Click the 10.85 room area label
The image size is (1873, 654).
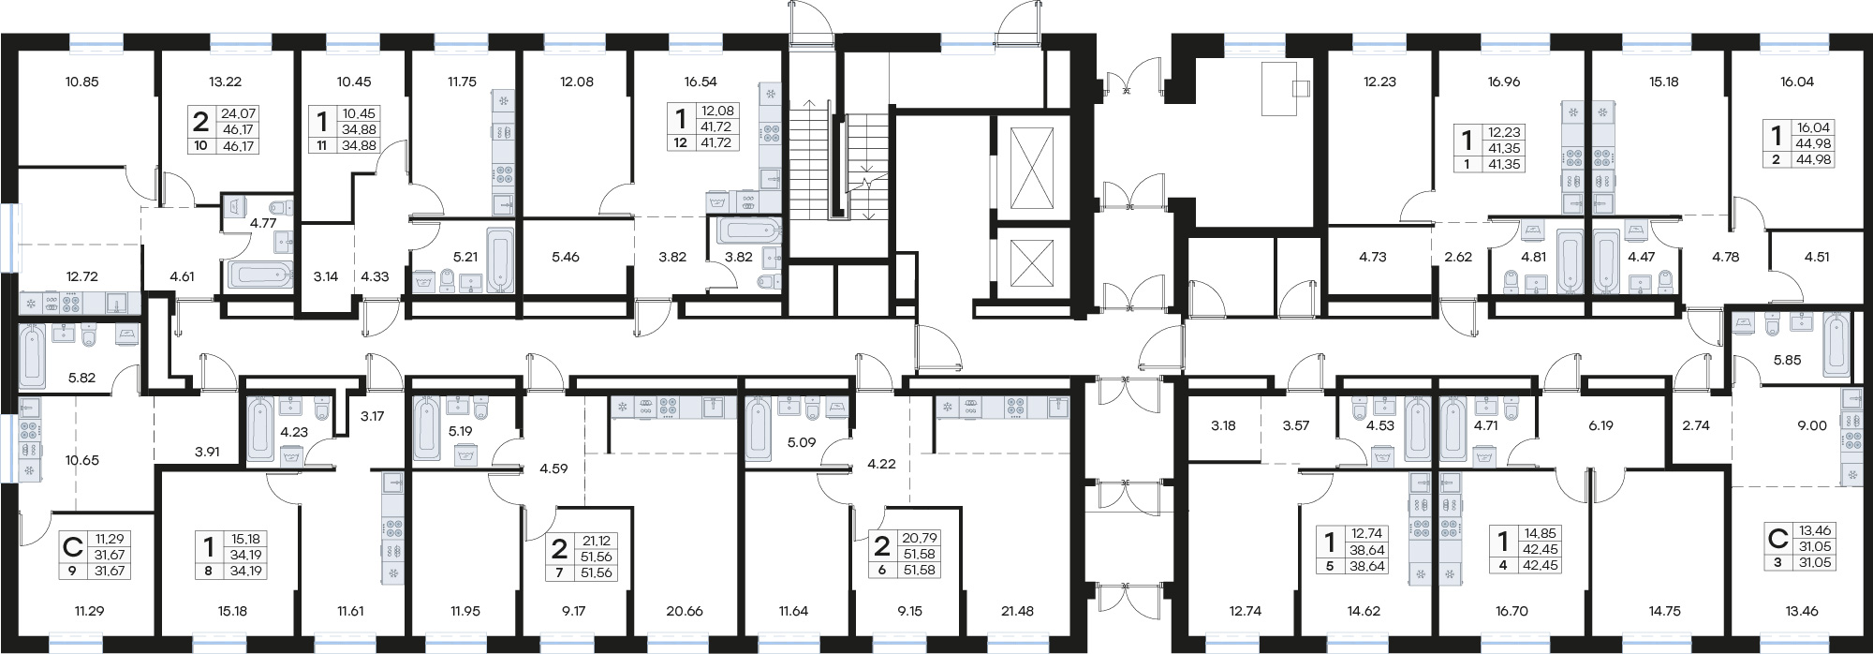(x=81, y=82)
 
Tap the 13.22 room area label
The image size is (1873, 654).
(x=226, y=82)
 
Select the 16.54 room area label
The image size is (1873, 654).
(x=701, y=82)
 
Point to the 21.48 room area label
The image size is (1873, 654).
(x=1017, y=611)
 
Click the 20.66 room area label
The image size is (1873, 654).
(x=684, y=611)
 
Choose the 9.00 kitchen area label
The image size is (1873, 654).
(x=1812, y=424)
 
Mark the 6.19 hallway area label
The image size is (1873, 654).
(x=1600, y=424)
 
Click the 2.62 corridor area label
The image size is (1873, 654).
(x=1458, y=256)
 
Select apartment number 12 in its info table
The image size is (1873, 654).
(x=680, y=143)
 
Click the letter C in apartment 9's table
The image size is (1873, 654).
(x=71, y=546)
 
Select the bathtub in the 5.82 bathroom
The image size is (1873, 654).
(x=32, y=357)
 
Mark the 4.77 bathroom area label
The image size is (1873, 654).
(x=262, y=223)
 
